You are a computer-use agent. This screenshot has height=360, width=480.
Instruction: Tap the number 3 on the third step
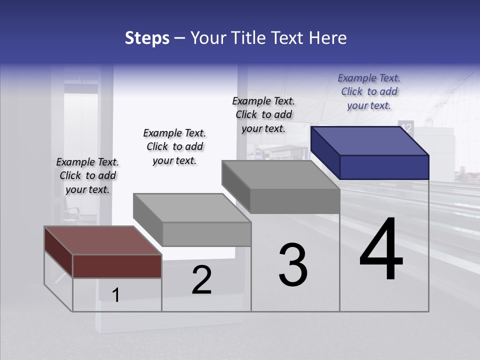[x=292, y=265]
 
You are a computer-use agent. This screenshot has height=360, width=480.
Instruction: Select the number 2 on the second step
[x=201, y=280]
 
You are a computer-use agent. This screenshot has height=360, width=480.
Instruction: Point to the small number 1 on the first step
[x=116, y=295]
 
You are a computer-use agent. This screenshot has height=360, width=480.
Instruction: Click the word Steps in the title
[x=147, y=38]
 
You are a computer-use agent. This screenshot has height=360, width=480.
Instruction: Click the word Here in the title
[x=327, y=38]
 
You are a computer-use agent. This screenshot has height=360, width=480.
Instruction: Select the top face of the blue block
[x=370, y=140]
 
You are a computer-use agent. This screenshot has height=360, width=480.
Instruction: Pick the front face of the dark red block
[x=117, y=266]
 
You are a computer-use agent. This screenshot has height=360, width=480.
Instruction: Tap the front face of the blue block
[x=384, y=167]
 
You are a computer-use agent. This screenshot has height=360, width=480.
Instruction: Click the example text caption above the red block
[x=87, y=175]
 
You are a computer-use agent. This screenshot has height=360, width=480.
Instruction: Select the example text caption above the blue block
[x=369, y=91]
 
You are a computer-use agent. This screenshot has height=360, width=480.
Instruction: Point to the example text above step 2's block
[x=174, y=146]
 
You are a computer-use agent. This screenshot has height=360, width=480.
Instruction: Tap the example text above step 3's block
[x=263, y=114]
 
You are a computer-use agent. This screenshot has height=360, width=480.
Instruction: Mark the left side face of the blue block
[x=325, y=152]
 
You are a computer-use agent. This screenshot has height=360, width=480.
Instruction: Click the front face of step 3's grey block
[x=295, y=201]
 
